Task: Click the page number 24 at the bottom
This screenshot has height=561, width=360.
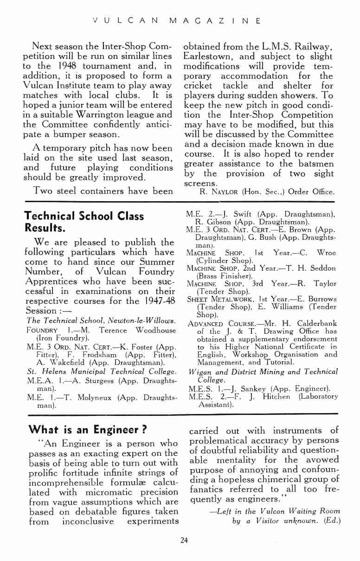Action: pyautogui.click(x=184, y=539)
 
